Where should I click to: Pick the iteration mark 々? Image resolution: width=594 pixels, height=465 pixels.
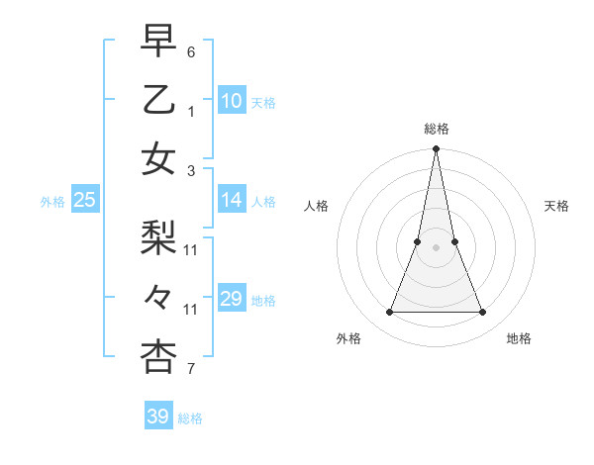pyautogui.click(x=158, y=298)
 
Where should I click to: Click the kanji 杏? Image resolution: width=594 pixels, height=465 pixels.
pyautogui.click(x=158, y=357)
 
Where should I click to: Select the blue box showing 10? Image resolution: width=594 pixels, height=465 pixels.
pyautogui.click(x=232, y=101)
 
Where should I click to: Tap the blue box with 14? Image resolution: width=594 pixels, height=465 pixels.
pyautogui.click(x=232, y=200)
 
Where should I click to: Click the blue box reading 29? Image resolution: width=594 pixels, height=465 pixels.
pyautogui.click(x=232, y=299)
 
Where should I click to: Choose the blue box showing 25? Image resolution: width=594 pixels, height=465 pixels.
pyautogui.click(x=84, y=200)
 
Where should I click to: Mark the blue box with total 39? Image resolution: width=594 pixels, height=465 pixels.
pyautogui.click(x=158, y=417)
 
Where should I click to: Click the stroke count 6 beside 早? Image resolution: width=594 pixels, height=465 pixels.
pyautogui.click(x=191, y=51)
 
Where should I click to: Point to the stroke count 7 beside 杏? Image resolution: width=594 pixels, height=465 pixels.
pyautogui.click(x=191, y=369)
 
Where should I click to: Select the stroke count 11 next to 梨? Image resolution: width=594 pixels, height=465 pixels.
pyautogui.click(x=191, y=249)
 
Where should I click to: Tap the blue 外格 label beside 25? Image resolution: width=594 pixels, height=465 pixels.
pyautogui.click(x=52, y=202)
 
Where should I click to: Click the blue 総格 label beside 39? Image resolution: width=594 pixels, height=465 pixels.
pyautogui.click(x=190, y=418)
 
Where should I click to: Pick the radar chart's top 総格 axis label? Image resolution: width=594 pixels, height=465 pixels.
pyautogui.click(x=436, y=129)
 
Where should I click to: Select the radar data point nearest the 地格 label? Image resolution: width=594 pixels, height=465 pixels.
pyautogui.click(x=483, y=313)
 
